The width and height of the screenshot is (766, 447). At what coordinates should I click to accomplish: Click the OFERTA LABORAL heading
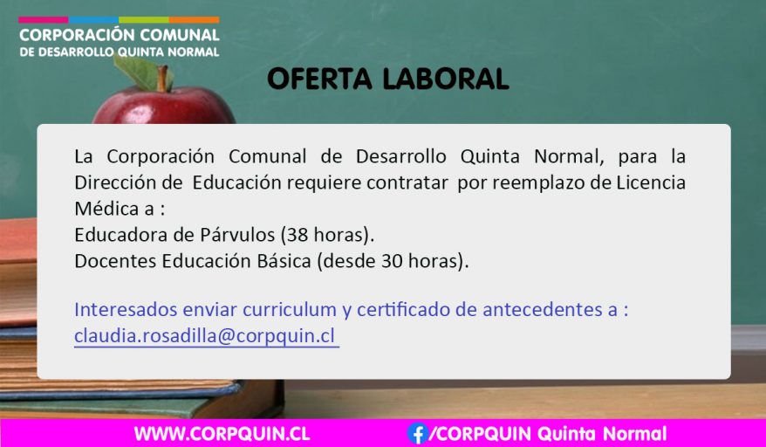coord(388,79)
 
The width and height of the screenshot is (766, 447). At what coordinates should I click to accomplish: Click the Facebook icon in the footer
coord(418,433)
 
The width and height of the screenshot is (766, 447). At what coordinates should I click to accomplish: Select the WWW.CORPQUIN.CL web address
coord(222,434)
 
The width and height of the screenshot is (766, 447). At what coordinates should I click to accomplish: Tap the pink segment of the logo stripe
coord(44,20)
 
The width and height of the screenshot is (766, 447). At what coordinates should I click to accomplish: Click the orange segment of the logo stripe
coord(194,20)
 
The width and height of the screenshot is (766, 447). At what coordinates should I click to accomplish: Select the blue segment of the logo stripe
coord(94,20)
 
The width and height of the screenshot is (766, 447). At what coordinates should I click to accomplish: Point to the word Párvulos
coord(237,235)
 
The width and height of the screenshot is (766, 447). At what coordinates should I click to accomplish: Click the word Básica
coord(291,261)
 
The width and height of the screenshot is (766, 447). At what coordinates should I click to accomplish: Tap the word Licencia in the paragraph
coord(651,182)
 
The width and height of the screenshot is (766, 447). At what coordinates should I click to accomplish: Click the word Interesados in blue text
coord(126,310)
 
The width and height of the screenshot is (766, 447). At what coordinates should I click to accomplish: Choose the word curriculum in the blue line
coord(290,310)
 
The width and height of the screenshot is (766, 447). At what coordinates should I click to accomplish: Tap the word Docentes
coord(115,261)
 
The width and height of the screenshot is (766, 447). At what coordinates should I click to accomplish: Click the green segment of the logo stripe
coord(144,20)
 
